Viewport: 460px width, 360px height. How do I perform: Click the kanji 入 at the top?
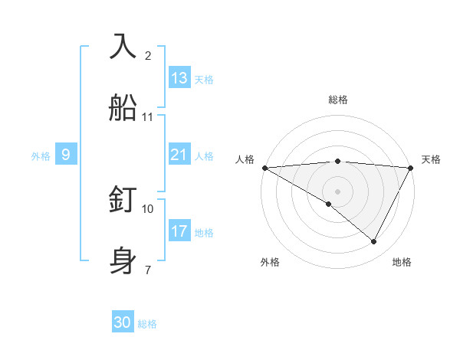[x=123, y=45]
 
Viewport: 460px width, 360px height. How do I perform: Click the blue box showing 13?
[x=179, y=78]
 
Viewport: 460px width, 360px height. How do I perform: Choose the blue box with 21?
[x=179, y=155]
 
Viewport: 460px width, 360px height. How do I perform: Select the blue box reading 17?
[x=179, y=231]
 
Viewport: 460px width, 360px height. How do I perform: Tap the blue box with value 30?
[x=123, y=323]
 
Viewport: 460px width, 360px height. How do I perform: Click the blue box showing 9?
[x=66, y=155]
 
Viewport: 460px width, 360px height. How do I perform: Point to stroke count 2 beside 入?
[x=148, y=55]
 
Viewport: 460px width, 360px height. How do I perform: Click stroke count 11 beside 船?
[x=148, y=117]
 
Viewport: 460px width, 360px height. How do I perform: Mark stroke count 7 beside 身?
[x=148, y=270]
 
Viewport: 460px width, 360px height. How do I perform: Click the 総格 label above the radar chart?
[x=338, y=100]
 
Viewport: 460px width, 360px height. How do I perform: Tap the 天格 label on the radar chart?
[x=432, y=159]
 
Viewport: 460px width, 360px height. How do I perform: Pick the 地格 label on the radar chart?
[x=402, y=262]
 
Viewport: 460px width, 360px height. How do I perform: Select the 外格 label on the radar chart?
[x=270, y=262]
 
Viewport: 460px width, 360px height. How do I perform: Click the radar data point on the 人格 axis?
[x=264, y=168]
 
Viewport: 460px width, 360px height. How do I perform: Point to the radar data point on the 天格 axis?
[x=411, y=168]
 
